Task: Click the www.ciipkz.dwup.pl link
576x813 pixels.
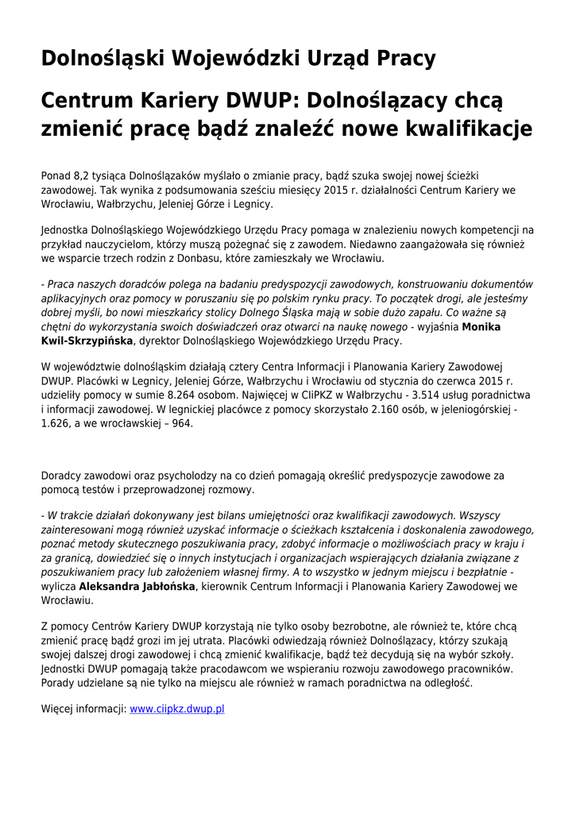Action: point(177,709)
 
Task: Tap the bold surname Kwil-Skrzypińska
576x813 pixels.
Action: point(87,341)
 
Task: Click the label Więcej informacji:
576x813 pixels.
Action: point(83,709)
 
